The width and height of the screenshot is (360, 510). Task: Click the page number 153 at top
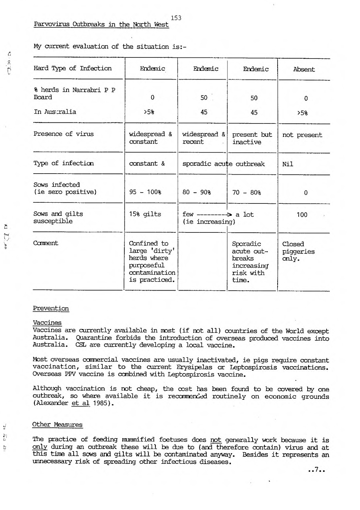coord(176,18)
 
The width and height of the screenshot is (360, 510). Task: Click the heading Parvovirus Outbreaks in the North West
coord(101,25)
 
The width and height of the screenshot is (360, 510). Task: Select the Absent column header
coord(304,69)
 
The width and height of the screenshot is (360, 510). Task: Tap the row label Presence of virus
coord(64,134)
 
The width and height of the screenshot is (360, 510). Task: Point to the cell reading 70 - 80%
coord(246,193)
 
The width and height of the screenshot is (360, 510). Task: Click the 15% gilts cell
coord(145,214)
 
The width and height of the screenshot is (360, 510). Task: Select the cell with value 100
coord(302,215)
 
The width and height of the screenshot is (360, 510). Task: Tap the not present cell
coord(302,135)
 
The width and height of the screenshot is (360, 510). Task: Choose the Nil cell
coord(287,164)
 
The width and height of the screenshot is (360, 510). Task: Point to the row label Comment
coord(46,243)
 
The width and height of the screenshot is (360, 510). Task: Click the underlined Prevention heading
coord(51,308)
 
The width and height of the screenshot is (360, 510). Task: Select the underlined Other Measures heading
coord(57,425)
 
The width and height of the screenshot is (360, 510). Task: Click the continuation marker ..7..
coord(316,470)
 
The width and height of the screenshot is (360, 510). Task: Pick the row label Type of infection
coord(64,163)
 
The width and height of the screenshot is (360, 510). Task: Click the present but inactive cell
coord(252,138)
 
